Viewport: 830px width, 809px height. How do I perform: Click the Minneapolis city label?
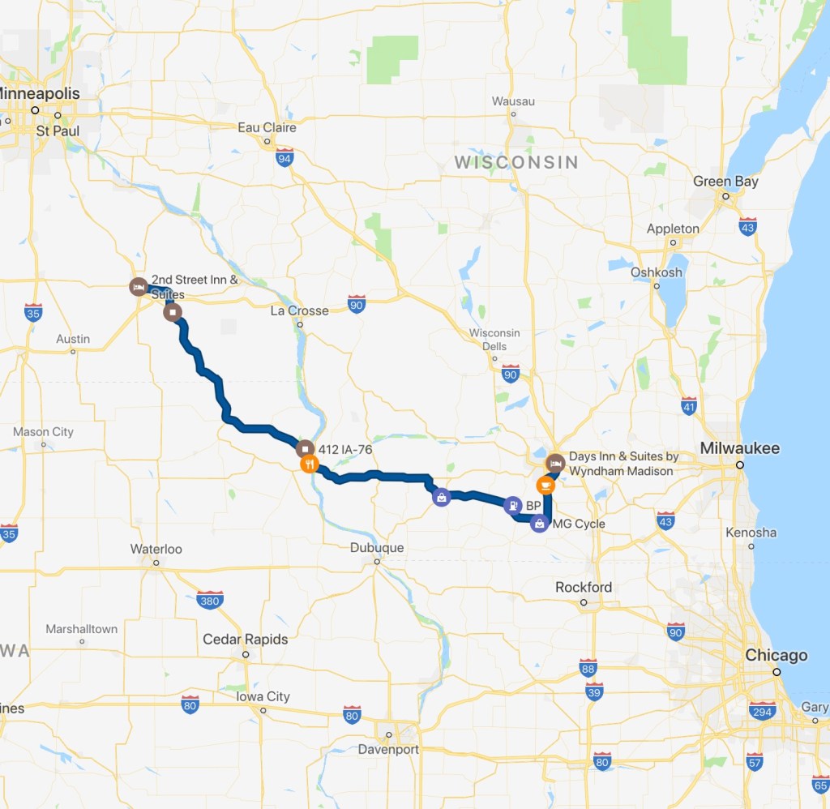point(41,94)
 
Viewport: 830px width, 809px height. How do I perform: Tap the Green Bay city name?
point(725,182)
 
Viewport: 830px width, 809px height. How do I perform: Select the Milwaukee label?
point(740,448)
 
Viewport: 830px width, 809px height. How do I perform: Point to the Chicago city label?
point(777,655)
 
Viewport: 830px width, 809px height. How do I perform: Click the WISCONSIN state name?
point(516,162)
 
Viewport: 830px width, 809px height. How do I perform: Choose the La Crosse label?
point(299,310)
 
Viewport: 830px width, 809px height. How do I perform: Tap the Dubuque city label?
point(377,547)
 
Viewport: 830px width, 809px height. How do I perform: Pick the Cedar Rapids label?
point(245,639)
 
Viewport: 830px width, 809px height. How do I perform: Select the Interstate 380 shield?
point(210,600)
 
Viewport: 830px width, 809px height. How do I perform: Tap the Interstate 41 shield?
point(689,405)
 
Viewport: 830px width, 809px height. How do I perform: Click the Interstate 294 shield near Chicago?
point(761,711)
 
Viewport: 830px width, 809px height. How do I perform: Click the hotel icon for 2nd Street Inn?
point(139,286)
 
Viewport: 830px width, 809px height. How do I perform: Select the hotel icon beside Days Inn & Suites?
point(555,463)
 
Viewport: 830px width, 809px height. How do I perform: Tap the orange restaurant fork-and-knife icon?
point(309,464)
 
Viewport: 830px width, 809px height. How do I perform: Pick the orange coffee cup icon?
point(546,485)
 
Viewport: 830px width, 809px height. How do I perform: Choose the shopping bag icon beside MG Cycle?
point(539,524)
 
